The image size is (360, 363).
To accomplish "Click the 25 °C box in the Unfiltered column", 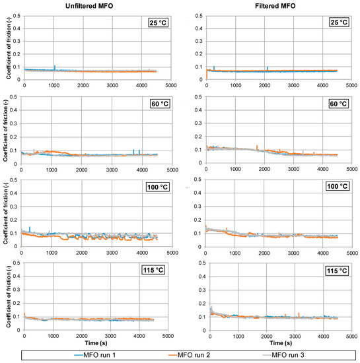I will point(159,23).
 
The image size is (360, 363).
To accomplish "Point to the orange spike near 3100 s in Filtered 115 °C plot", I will point(299,313).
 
